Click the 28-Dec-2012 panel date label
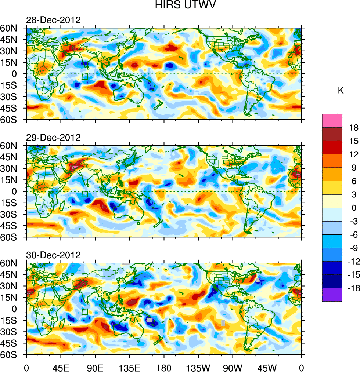[x=53, y=20]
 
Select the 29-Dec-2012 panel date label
[x=53, y=138]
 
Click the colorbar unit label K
[x=341, y=90]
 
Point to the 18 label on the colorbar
[x=354, y=127]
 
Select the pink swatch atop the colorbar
[x=332, y=120]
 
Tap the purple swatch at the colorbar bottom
[x=332, y=295]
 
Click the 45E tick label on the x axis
[x=61, y=367]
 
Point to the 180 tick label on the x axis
[x=164, y=367]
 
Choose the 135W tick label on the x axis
[x=198, y=367]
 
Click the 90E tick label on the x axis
[x=95, y=367]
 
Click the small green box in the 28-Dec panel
[x=85, y=77]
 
